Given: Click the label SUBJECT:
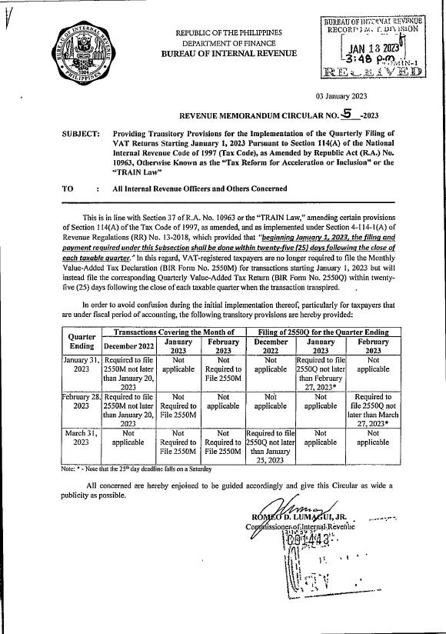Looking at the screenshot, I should pyautogui.click(x=81, y=134).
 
